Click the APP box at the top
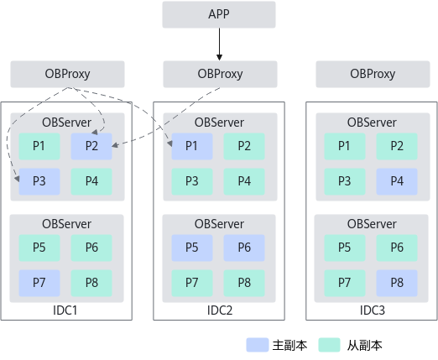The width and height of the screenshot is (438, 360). click(219, 14)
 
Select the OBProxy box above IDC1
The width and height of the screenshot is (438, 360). click(67, 74)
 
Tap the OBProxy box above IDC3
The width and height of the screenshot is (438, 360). click(373, 74)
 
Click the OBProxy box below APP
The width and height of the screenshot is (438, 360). click(220, 74)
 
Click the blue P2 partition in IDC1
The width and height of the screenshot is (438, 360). click(91, 146)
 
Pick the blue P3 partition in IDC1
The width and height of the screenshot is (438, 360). click(39, 181)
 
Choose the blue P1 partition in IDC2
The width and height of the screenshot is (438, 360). click(192, 146)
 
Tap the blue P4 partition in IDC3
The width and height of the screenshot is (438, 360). click(397, 181)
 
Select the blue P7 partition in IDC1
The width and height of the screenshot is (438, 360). click(39, 283)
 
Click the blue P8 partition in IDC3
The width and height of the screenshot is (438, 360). click(397, 283)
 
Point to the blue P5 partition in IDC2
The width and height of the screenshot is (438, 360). click(192, 248)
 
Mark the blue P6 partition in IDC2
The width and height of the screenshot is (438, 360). click(244, 248)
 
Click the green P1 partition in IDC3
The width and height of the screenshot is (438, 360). click(345, 146)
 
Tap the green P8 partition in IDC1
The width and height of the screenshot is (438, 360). click(91, 283)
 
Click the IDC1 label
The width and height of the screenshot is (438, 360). click(65, 310)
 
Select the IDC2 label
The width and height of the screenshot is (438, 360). click(220, 310)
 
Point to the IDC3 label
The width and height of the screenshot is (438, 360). click(373, 310)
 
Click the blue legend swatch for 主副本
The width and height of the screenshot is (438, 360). click(258, 345)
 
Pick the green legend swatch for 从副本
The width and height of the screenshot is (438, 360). click(329, 345)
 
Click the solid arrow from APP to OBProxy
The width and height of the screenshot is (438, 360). click(219, 44)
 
